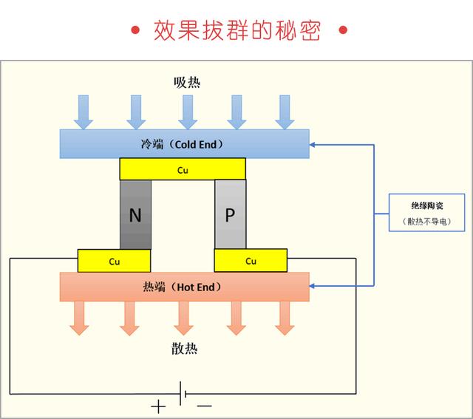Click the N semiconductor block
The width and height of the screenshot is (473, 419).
point(135,214)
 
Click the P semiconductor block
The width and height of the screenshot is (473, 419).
point(231,214)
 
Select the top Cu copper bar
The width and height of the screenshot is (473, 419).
point(183,169)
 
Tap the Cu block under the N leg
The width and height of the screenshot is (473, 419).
point(114,261)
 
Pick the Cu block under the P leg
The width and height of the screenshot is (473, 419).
point(251,260)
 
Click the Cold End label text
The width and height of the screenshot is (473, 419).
point(183,144)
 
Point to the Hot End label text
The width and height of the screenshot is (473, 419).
point(183,287)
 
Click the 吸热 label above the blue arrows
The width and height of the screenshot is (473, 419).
point(187,82)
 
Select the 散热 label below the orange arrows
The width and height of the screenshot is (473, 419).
point(184,348)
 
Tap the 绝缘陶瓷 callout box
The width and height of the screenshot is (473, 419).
point(426,213)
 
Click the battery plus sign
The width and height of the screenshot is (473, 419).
point(158,407)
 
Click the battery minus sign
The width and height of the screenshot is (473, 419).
point(205,406)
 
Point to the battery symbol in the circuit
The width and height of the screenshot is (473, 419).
point(183,393)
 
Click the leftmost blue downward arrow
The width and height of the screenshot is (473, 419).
point(84,112)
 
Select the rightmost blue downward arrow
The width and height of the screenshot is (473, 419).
point(285,112)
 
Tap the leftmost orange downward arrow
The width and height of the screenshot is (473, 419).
point(79,318)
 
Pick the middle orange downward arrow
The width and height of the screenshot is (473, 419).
point(183,318)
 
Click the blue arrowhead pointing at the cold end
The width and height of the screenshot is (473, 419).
point(312,145)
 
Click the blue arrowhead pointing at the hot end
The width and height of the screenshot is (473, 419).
point(312,286)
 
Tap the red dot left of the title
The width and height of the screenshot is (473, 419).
point(135,30)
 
